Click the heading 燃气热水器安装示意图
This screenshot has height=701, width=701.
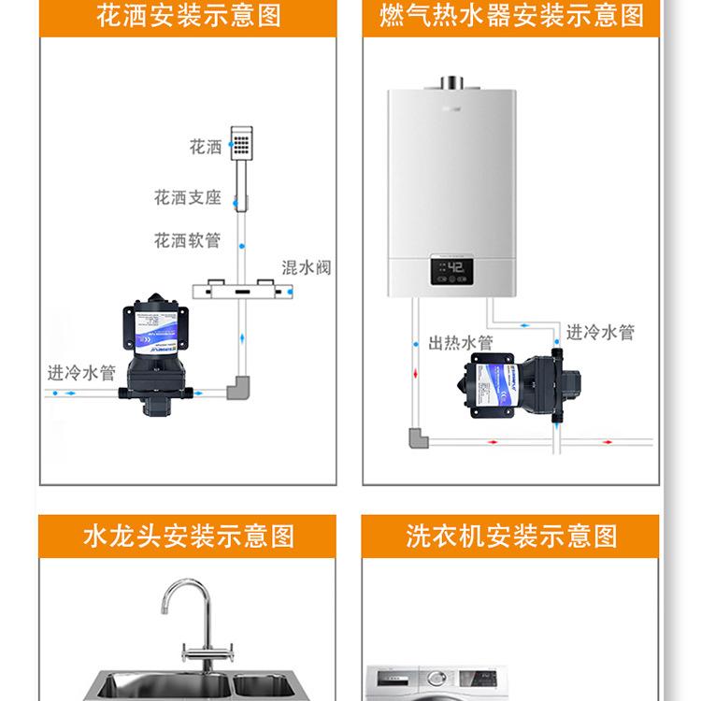(511, 16)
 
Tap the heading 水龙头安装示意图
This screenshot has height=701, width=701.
(188, 536)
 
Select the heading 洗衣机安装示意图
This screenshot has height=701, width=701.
(511, 536)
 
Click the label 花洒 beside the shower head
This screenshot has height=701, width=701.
(206, 148)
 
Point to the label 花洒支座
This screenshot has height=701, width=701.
(188, 198)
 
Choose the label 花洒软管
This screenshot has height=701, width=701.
(188, 240)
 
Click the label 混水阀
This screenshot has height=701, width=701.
(307, 268)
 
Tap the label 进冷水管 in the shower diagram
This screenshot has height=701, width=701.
(81, 373)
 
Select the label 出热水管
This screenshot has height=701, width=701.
(461, 343)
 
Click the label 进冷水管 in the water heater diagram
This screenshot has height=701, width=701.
(600, 332)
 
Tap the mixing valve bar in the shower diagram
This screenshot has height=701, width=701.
(244, 291)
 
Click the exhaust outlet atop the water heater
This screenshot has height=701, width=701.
(455, 82)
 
